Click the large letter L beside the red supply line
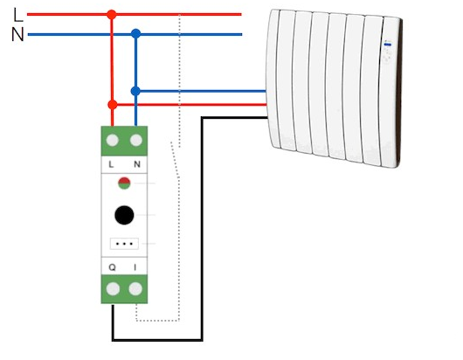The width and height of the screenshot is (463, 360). click(x=18, y=15)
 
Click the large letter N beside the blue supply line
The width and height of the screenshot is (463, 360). click(x=17, y=34)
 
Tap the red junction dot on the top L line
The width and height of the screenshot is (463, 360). click(x=112, y=15)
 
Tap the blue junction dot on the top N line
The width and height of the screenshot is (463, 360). click(x=135, y=34)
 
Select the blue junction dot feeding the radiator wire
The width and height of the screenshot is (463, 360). click(x=135, y=91)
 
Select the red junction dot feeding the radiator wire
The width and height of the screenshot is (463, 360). click(x=113, y=105)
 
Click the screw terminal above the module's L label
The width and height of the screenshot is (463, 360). click(x=112, y=141)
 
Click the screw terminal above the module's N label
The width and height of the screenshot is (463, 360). click(x=136, y=141)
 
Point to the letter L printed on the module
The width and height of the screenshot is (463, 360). click(x=111, y=164)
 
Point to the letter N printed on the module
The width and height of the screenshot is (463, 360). click(x=137, y=164)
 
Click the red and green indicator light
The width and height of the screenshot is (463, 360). click(x=124, y=183)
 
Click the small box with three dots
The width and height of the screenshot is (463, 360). click(x=124, y=244)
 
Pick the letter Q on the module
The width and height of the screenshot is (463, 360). click(x=112, y=267)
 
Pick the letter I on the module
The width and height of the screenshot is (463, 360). click(x=135, y=267)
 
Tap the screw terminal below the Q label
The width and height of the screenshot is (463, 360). click(x=113, y=289)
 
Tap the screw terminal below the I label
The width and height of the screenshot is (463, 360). click(x=135, y=289)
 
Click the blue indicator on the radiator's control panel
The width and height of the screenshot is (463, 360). click(x=388, y=45)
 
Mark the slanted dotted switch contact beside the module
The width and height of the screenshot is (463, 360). click(x=175, y=160)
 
